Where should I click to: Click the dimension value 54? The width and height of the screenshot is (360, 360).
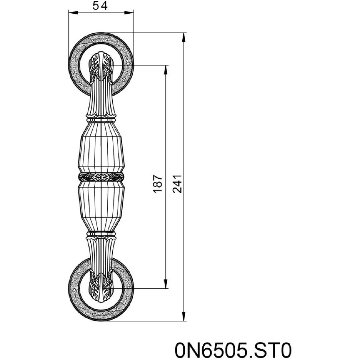point(100,6)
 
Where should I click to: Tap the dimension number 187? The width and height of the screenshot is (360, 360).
point(158,184)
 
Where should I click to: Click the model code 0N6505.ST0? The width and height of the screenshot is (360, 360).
point(233,350)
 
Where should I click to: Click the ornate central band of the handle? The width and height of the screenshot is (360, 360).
point(101,177)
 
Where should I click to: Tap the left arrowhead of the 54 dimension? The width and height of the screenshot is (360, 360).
point(74,13)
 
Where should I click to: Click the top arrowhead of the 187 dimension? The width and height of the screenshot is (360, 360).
point(165,70)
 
